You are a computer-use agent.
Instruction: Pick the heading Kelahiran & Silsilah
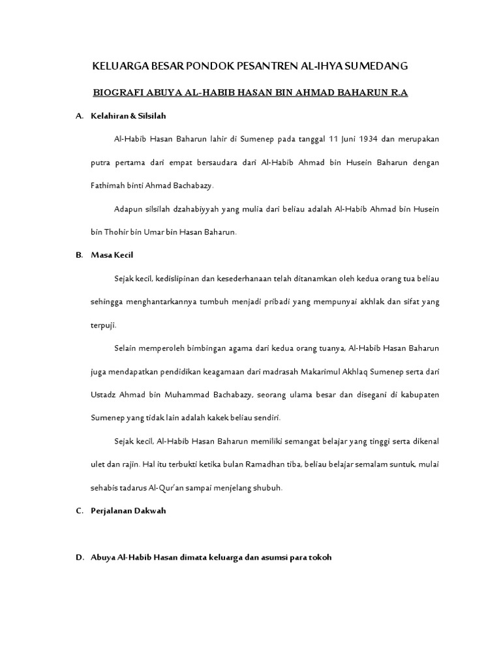(129, 116)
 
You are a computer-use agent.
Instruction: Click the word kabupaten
(417, 395)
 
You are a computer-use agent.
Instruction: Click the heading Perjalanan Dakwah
(129, 511)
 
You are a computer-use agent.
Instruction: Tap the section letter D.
(79, 558)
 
